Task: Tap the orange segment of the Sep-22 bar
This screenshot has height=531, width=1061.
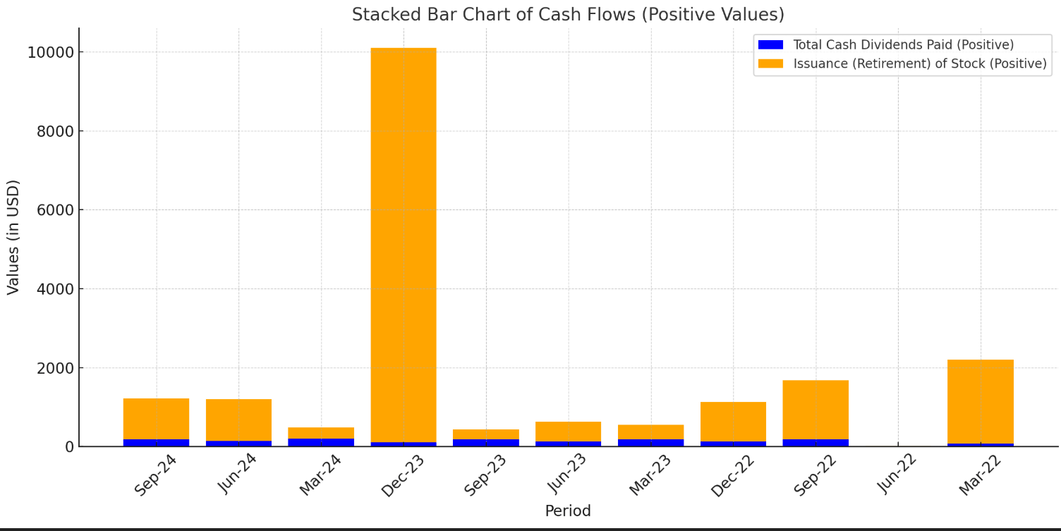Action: pyautogui.click(x=816, y=409)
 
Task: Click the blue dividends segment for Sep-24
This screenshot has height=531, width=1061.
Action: pyautogui.click(x=156, y=442)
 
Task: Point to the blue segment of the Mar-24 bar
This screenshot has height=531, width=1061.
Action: pyautogui.click(x=321, y=442)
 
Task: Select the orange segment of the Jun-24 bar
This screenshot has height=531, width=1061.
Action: pyautogui.click(x=238, y=420)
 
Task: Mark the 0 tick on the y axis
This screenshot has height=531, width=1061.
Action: pyautogui.click(x=68, y=447)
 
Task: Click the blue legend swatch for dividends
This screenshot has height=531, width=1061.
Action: pyautogui.click(x=770, y=44)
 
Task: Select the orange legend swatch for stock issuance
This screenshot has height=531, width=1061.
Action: pyautogui.click(x=770, y=63)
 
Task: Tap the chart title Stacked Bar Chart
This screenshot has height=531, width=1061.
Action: pyautogui.click(x=568, y=14)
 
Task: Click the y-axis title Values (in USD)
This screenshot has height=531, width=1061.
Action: pyautogui.click(x=13, y=237)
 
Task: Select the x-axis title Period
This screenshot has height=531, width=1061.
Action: pyautogui.click(x=568, y=511)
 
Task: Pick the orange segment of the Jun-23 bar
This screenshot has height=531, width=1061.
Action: pyautogui.click(x=568, y=431)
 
